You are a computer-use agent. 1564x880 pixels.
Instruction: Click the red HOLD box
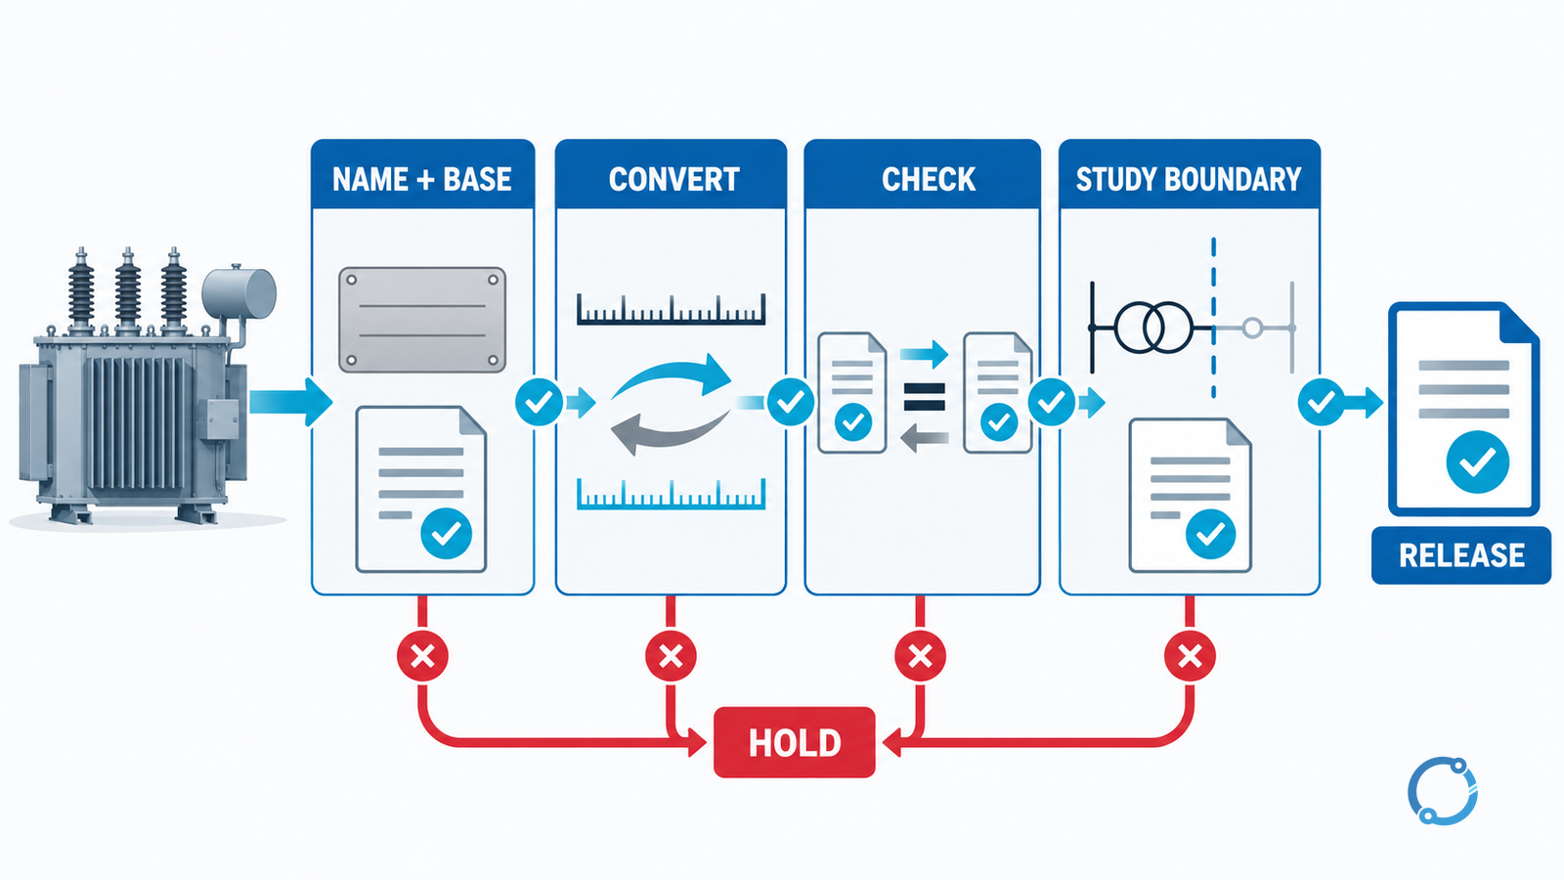(x=794, y=742)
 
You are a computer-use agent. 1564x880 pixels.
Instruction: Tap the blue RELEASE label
(x=1460, y=555)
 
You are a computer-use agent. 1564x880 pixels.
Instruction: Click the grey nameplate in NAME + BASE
(x=422, y=319)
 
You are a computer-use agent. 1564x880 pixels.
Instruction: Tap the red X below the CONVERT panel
(x=671, y=656)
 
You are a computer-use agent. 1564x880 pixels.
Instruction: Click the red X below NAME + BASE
(x=422, y=656)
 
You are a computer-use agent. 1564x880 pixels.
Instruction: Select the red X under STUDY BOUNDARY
(x=1190, y=656)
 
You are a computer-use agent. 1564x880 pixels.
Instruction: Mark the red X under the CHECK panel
(x=920, y=656)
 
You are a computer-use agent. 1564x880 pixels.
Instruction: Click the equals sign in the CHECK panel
(x=925, y=397)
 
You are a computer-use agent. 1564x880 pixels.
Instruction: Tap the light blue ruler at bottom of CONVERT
(x=671, y=494)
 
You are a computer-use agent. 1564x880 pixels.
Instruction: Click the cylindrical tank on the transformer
(x=239, y=294)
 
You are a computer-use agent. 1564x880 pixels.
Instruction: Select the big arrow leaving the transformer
(x=290, y=402)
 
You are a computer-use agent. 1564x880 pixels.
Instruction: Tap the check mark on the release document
(x=1477, y=462)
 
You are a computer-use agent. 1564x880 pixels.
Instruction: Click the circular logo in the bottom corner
(x=1443, y=791)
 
